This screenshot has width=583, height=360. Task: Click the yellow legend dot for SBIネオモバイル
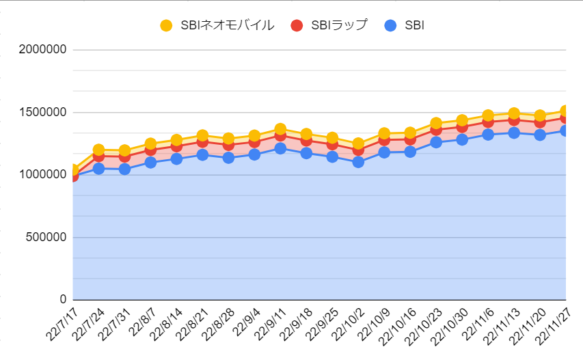166,25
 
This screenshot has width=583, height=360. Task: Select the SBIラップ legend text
339,25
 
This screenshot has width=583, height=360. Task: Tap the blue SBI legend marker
390,25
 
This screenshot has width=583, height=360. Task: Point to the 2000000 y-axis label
43,49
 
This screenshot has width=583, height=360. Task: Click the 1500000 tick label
43,112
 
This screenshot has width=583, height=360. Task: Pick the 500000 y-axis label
46,237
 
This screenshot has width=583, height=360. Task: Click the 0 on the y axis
63,299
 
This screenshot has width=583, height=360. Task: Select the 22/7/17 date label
62,324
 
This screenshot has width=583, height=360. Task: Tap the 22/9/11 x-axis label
270,324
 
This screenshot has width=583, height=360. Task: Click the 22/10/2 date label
348,324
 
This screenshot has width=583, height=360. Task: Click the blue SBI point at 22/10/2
358,162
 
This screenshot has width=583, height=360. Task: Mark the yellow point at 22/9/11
280,129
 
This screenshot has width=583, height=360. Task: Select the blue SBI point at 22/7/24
98,169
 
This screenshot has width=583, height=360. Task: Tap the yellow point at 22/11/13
514,113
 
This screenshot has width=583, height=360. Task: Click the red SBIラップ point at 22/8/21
202,141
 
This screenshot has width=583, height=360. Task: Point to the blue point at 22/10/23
436,142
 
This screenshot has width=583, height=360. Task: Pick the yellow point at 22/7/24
98,150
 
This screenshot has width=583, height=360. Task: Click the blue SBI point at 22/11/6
488,135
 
